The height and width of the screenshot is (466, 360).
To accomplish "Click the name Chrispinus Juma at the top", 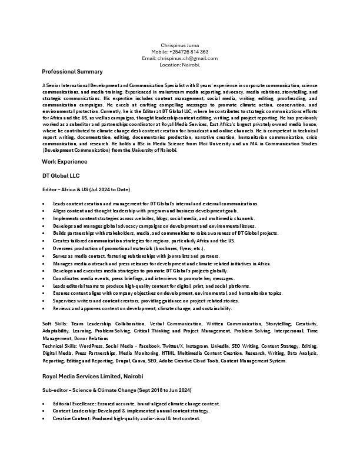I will [x=179, y=45].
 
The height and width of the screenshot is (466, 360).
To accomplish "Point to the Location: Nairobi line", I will [x=179, y=65].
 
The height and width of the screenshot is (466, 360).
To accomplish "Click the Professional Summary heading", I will [x=72, y=72].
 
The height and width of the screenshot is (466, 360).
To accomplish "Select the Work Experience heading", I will [x=65, y=161].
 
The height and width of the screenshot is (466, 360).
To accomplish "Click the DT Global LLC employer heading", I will [x=61, y=175].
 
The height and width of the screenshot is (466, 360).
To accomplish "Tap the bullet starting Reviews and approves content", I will [x=142, y=308].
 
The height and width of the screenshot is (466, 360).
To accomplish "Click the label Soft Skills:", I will [x=55, y=324].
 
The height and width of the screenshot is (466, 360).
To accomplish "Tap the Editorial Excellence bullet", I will [x=136, y=404].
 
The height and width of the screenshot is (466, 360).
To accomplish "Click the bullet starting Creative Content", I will [x=126, y=418].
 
